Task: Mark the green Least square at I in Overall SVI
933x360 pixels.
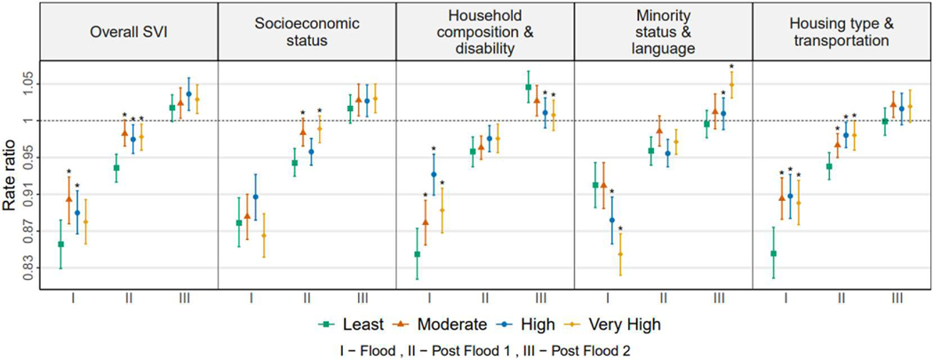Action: pos(60,244)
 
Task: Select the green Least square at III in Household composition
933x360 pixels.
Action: pos(529,87)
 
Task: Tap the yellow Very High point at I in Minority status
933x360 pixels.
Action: pos(621,254)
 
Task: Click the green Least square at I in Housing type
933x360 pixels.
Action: pos(773,253)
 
